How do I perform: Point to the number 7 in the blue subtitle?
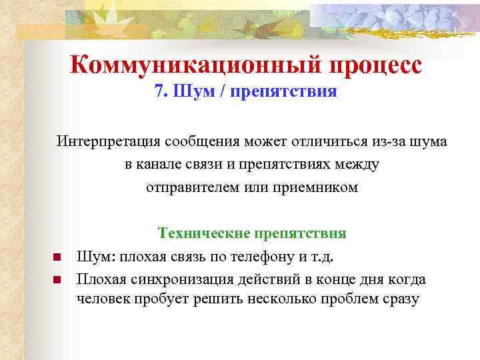pos(159,92)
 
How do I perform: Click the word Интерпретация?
pos(102,142)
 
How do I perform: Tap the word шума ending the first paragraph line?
pos(429,142)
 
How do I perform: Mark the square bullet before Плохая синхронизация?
pos(57,279)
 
